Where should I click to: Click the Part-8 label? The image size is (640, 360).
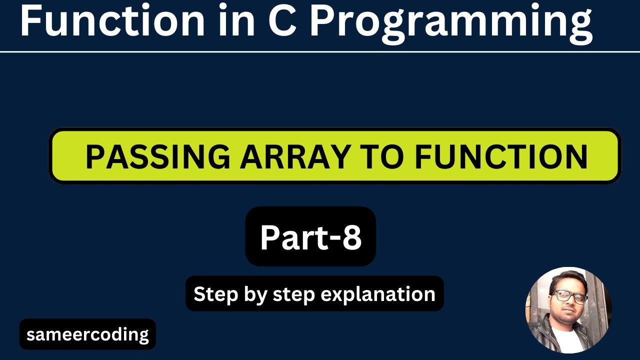click(x=310, y=237)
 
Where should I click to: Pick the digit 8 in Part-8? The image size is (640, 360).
click(x=351, y=237)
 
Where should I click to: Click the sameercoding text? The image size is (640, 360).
click(x=87, y=334)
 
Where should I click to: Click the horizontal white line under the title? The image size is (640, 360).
click(x=320, y=51)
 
